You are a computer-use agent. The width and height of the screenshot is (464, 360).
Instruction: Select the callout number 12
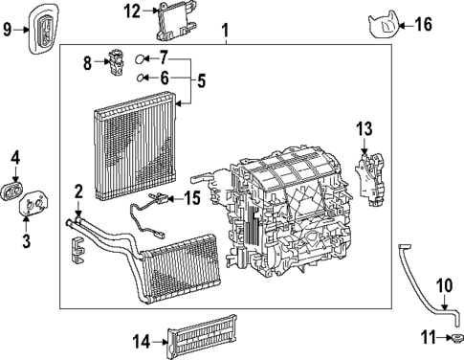(x=133, y=11)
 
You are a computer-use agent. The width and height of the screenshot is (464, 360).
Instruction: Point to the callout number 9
(x=8, y=30)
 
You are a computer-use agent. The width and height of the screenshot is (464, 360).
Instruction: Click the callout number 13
(x=363, y=128)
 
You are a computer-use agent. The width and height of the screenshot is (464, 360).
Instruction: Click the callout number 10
(x=443, y=284)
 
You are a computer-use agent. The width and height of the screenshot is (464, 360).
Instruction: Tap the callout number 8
(x=88, y=64)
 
